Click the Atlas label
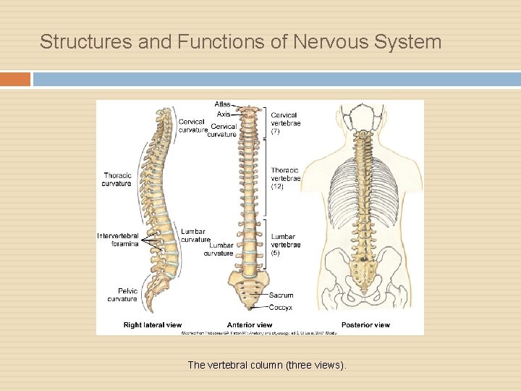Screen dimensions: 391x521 click(222, 105)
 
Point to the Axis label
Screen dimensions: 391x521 click(223, 114)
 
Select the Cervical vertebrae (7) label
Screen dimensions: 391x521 click(285, 123)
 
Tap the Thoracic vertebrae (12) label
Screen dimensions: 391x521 click(285, 178)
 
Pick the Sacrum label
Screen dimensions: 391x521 click(281, 295)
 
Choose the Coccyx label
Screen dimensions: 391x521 click(281, 307)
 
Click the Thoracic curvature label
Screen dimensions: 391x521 click(117, 179)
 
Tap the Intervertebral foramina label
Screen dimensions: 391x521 click(118, 240)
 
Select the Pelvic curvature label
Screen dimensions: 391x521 click(122, 295)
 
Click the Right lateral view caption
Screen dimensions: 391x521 click(153, 325)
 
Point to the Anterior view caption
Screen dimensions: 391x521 click(250, 325)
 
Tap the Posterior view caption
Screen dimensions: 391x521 click(365, 325)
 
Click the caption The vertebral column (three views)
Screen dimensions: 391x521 click(267, 365)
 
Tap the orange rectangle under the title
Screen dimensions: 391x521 click(15, 79)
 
